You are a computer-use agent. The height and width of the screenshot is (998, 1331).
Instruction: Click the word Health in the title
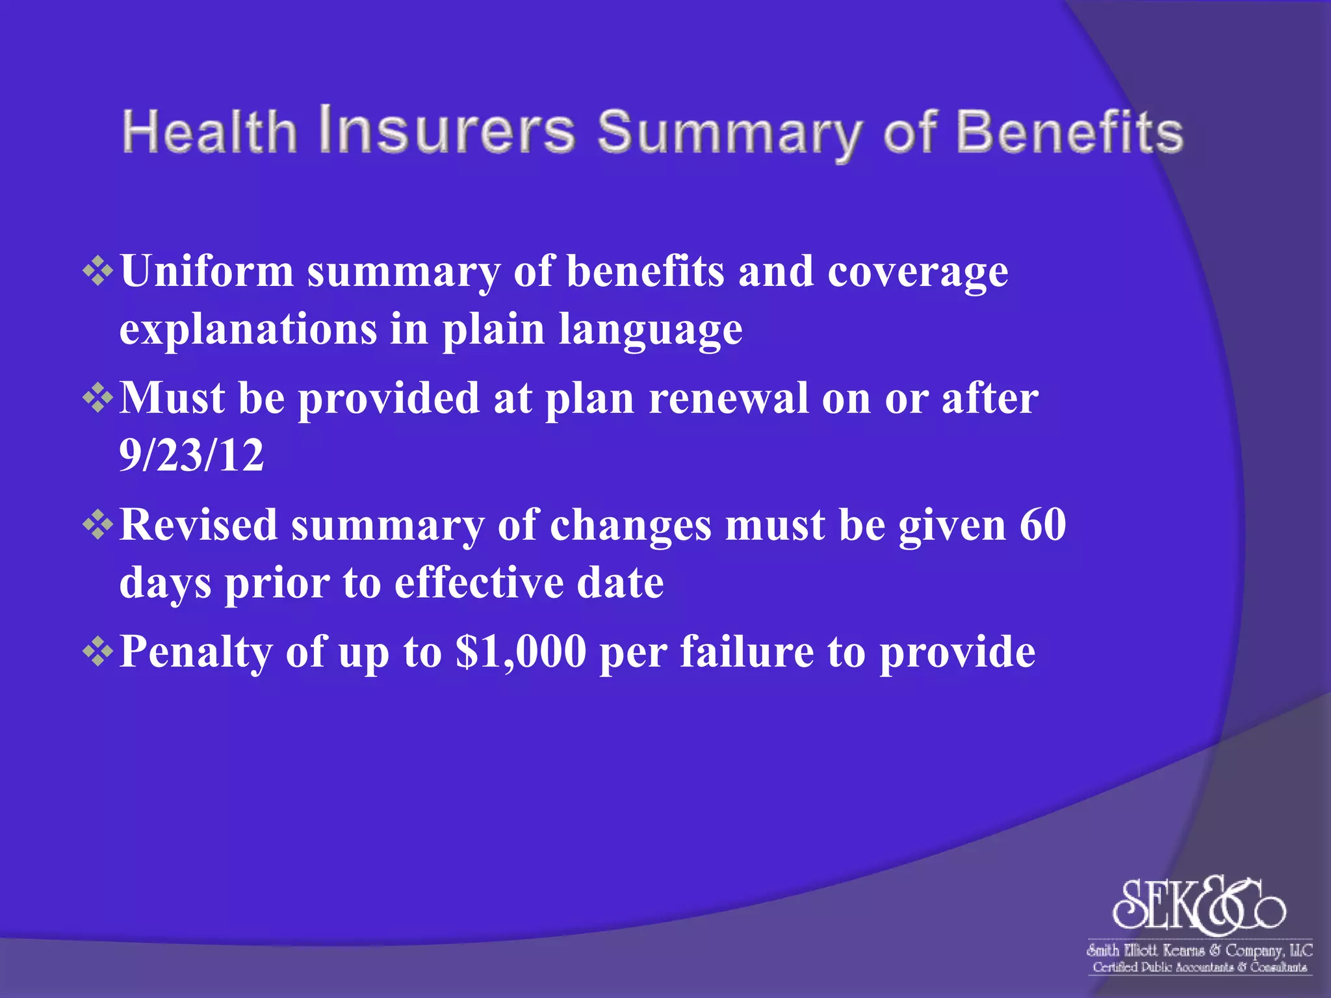209,132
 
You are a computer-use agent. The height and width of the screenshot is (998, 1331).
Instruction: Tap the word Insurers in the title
446,130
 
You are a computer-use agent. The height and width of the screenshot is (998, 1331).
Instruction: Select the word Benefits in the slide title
1068,132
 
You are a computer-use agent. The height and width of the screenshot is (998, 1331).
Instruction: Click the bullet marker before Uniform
98,271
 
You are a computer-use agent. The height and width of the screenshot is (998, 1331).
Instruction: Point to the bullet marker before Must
98,398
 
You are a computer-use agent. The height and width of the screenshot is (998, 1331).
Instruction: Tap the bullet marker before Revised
98,524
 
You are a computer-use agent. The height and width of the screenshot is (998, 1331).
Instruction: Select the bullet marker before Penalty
98,651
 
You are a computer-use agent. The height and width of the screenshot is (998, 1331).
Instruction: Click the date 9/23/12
192,455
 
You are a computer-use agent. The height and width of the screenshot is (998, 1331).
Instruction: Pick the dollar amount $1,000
521,651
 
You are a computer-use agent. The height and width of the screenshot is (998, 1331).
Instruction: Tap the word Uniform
207,271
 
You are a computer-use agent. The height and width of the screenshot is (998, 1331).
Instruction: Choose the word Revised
198,524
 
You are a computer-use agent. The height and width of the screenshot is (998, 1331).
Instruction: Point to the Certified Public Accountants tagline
1199,967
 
